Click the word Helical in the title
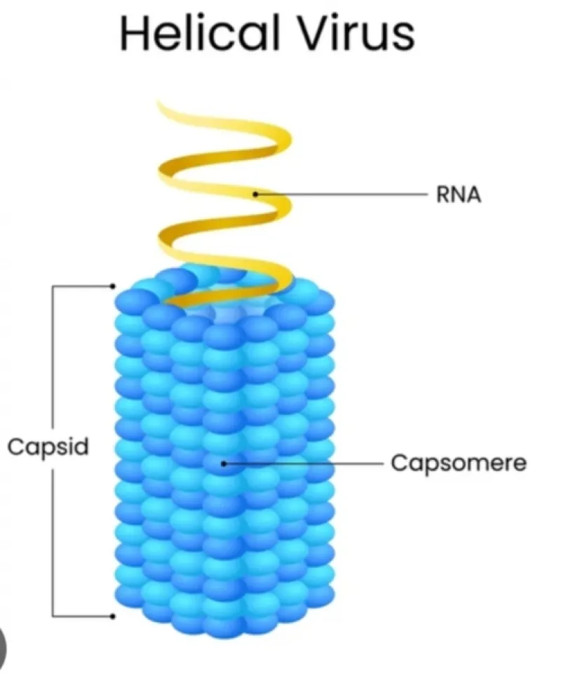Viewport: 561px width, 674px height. coord(201,32)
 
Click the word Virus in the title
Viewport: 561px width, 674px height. coord(357,33)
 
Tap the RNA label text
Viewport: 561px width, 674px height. coord(459,194)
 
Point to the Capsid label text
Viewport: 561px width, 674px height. coord(48,447)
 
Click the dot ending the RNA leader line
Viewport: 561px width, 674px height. coord(255,194)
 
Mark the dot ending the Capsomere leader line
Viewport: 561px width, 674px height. coord(223,464)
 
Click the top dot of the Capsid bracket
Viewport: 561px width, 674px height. coord(113,286)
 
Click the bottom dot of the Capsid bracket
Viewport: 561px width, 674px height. coord(113,616)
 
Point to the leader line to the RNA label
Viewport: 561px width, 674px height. coord(342,194)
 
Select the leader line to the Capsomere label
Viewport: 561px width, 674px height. coord(304,464)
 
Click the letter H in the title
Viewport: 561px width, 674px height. coord(133,33)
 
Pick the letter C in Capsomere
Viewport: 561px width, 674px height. coord(401,463)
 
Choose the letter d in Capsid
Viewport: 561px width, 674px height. coord(80,446)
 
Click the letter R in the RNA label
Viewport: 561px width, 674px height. coord(443,194)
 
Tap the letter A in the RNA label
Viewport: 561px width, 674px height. coord(474,194)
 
